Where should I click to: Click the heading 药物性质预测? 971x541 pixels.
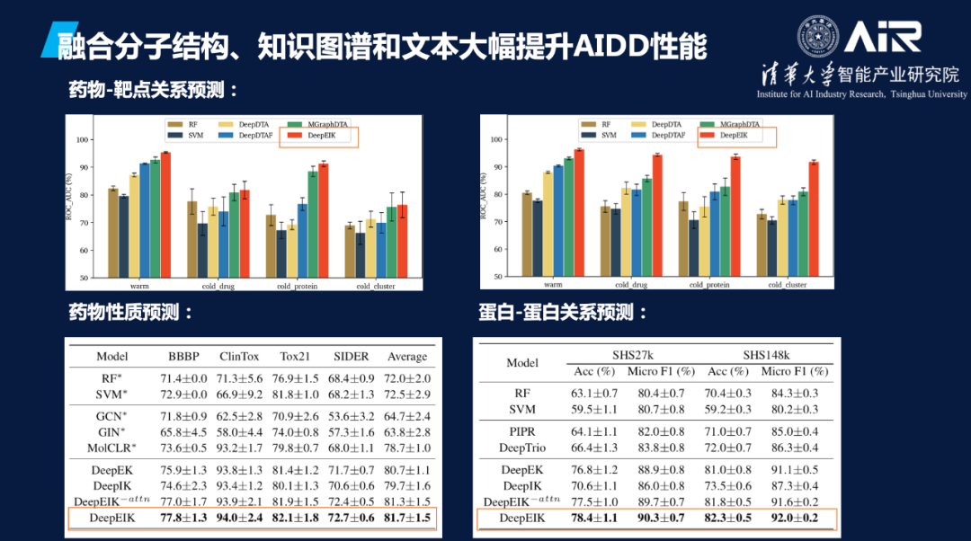(131, 313)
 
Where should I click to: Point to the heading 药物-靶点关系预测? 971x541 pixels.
(156, 90)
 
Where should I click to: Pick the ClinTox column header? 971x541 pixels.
(240, 356)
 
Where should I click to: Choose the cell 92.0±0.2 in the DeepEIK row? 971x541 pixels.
(789, 518)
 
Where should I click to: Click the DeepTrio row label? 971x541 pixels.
(522, 448)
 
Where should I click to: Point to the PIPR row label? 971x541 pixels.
(522, 431)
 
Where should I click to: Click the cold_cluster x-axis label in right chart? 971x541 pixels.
(788, 285)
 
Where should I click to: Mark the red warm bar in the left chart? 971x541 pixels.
(165, 215)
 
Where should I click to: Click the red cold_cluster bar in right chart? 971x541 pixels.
(814, 219)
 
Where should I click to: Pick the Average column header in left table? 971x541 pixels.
(406, 356)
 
